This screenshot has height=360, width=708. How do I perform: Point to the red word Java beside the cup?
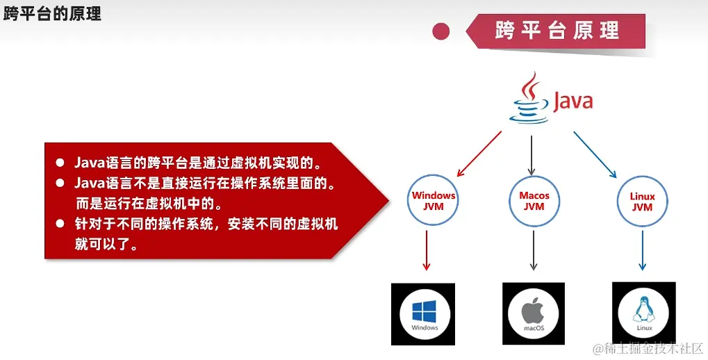(573, 101)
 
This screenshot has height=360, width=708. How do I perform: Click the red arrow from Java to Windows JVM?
(479, 154)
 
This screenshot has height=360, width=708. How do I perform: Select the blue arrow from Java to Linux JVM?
(595, 154)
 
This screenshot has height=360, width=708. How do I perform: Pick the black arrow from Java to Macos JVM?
(532, 156)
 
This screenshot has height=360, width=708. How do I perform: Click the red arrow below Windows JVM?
(426, 251)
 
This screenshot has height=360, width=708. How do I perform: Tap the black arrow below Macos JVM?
(533, 251)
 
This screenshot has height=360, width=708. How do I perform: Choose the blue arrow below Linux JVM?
(643, 251)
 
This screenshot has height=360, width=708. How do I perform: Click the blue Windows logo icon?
(424, 311)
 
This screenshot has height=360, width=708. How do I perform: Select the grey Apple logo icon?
(533, 311)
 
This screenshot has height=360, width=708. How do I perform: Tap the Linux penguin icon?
(644, 311)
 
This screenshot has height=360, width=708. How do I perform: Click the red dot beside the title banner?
(441, 31)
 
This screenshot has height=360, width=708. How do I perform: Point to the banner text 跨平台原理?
(557, 31)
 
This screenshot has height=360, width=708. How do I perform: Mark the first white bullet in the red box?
(60, 162)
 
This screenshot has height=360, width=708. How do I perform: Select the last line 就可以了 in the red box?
(106, 245)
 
